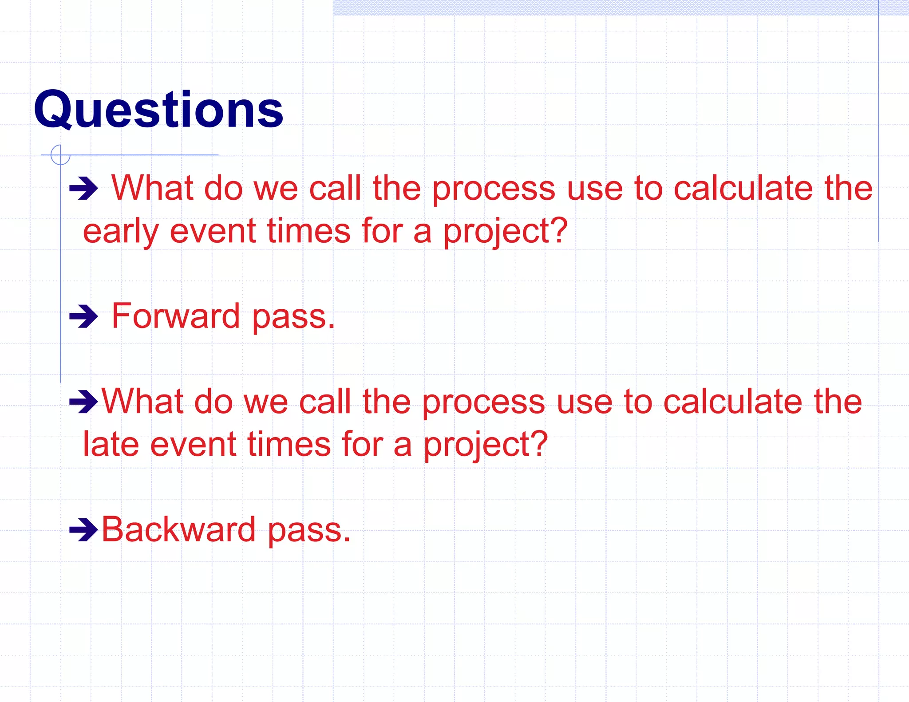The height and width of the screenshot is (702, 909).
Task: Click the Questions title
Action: click(x=158, y=110)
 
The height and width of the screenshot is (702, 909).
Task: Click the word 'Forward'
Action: click(x=176, y=316)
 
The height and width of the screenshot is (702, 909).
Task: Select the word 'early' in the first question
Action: click(x=120, y=232)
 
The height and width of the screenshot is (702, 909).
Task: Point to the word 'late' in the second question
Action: click(x=111, y=445)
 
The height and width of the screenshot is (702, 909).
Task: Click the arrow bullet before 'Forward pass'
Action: click(x=83, y=317)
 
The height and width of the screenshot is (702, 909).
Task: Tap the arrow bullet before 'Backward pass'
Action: click(x=83, y=529)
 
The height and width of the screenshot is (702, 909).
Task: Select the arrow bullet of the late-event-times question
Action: click(x=83, y=402)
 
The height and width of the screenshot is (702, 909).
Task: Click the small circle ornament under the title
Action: click(x=60, y=155)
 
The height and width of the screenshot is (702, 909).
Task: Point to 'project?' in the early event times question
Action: click(x=506, y=232)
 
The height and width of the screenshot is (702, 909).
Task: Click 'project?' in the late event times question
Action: click(x=486, y=445)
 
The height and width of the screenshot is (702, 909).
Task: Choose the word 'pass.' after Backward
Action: click(x=309, y=530)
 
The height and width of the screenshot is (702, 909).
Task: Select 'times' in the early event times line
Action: click(x=309, y=232)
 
